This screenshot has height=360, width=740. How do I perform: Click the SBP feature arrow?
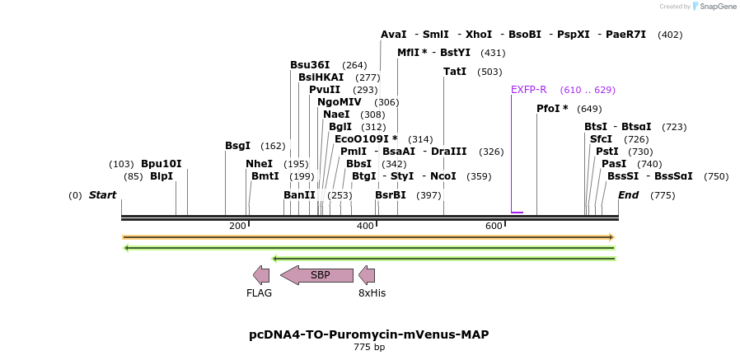tap(317, 275)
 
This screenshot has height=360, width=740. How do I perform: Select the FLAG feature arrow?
tap(261, 275)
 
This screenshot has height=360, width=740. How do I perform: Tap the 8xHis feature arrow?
tap(367, 275)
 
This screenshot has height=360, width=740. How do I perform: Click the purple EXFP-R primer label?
tap(528, 90)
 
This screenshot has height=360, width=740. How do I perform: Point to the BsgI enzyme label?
tap(237, 146)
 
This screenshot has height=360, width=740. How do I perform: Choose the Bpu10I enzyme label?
tap(161, 164)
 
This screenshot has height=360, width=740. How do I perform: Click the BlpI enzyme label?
tap(162, 176)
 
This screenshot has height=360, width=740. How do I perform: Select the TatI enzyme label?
tap(455, 72)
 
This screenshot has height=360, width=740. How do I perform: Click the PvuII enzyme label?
tap(325, 90)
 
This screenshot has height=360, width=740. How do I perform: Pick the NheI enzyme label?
tap(259, 164)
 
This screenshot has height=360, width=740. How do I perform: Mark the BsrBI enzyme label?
tap(391, 195)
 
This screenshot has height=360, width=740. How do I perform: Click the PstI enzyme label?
tap(607, 152)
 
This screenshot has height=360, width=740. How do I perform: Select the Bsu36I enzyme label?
tap(310, 65)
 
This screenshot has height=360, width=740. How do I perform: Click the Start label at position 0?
tap(102, 195)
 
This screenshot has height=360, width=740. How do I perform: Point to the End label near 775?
tap(628, 195)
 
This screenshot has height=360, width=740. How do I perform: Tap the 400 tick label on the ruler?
tap(365, 226)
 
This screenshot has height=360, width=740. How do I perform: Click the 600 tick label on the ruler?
tap(494, 226)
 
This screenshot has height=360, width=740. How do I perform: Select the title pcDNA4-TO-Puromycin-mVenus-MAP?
tap(369, 334)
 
